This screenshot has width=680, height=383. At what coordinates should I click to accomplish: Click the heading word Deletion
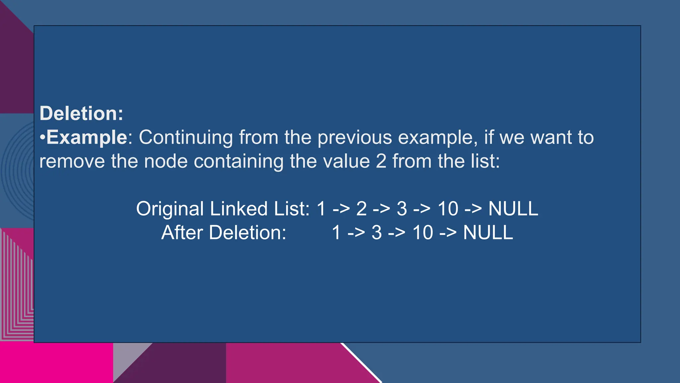[x=81, y=113]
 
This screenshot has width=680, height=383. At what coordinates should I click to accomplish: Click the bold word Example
[x=87, y=137]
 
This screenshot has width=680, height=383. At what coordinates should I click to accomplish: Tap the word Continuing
[x=186, y=138]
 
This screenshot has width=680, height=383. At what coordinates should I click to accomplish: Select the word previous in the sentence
[x=355, y=138]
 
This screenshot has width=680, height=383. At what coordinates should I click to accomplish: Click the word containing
[x=238, y=162]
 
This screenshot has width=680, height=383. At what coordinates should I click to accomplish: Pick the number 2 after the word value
[x=381, y=161]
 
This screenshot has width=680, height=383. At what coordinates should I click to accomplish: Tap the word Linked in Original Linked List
[x=239, y=208]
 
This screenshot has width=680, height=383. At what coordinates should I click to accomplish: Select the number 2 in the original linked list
[x=361, y=209]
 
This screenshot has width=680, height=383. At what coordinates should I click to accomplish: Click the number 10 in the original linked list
[x=448, y=209]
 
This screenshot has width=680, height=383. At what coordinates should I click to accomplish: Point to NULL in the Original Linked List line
[x=513, y=209]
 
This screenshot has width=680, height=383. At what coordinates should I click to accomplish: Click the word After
[x=182, y=232]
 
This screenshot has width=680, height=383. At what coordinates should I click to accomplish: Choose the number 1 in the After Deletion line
[x=336, y=232]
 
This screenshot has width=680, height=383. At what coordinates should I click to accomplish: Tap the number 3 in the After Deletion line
[x=377, y=232]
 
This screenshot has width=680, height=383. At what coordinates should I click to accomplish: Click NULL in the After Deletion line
[x=488, y=232]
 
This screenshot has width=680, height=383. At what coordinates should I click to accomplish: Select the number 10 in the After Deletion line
[x=423, y=232]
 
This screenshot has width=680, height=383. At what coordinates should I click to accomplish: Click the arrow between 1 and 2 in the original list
[x=341, y=209]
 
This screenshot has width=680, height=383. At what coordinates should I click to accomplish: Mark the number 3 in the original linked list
[x=402, y=209]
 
